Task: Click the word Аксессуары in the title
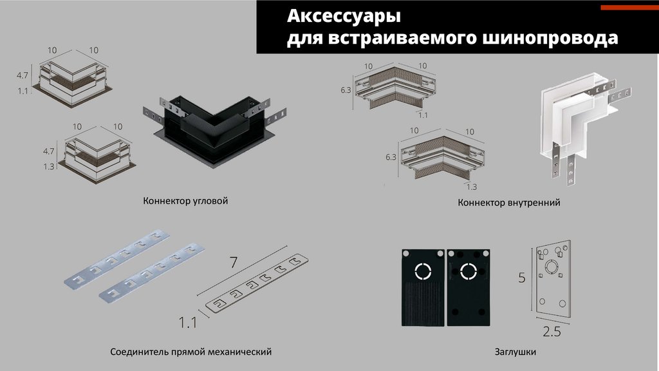click(x=344, y=16)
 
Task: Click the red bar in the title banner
click(x=629, y=8)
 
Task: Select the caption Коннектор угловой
click(x=185, y=201)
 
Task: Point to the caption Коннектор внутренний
click(x=509, y=202)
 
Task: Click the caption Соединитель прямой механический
click(x=190, y=351)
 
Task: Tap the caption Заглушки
click(x=515, y=352)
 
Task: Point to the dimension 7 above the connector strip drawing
click(x=233, y=263)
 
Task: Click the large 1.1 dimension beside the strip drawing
click(x=187, y=323)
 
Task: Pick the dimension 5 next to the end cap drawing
click(x=521, y=278)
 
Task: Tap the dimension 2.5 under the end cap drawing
click(x=552, y=332)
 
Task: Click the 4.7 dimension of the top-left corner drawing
click(x=23, y=75)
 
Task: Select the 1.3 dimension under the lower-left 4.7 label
click(x=49, y=167)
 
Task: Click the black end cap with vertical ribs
click(x=423, y=288)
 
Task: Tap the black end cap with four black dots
click(x=469, y=288)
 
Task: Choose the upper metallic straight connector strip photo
click(x=117, y=259)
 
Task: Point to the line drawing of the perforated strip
click(x=256, y=283)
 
